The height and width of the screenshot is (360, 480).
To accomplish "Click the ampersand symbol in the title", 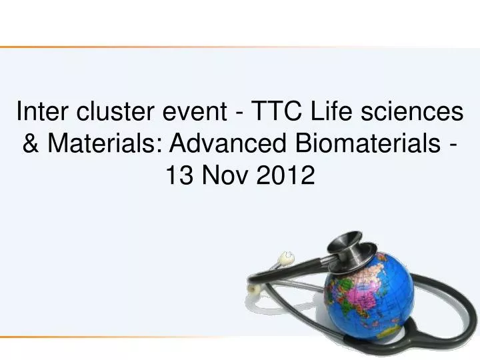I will point(31,143).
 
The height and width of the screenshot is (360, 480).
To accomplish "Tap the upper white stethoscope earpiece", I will point(287,256).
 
